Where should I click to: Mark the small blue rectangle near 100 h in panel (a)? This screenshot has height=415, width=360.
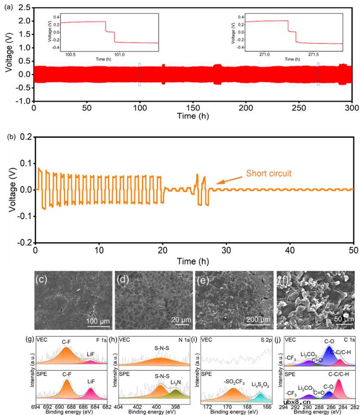pos(139,74)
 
